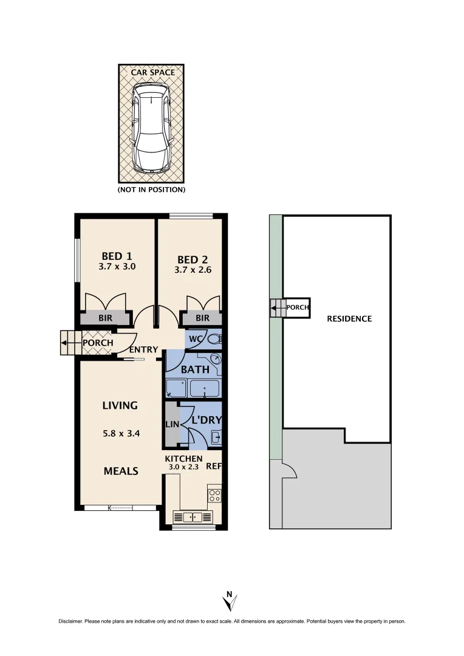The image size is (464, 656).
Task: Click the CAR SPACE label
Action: click(x=153, y=72)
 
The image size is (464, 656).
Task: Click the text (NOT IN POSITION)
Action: click(x=151, y=190)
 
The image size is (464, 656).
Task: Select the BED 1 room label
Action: click(x=117, y=256)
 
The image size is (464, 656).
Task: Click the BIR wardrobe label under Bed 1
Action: click(x=105, y=318)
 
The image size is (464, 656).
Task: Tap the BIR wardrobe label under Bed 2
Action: click(x=202, y=318)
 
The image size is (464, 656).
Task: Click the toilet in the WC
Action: click(x=213, y=339)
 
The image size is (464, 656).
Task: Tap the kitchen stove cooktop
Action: click(x=215, y=494)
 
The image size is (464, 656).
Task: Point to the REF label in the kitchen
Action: click(x=213, y=466)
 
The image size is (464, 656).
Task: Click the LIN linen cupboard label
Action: click(x=172, y=425)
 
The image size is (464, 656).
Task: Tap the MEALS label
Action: click(x=120, y=471)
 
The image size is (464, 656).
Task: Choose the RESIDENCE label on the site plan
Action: click(x=349, y=319)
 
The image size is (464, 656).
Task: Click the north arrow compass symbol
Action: click(x=230, y=601)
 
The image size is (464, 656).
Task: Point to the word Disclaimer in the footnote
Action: click(x=70, y=621)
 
